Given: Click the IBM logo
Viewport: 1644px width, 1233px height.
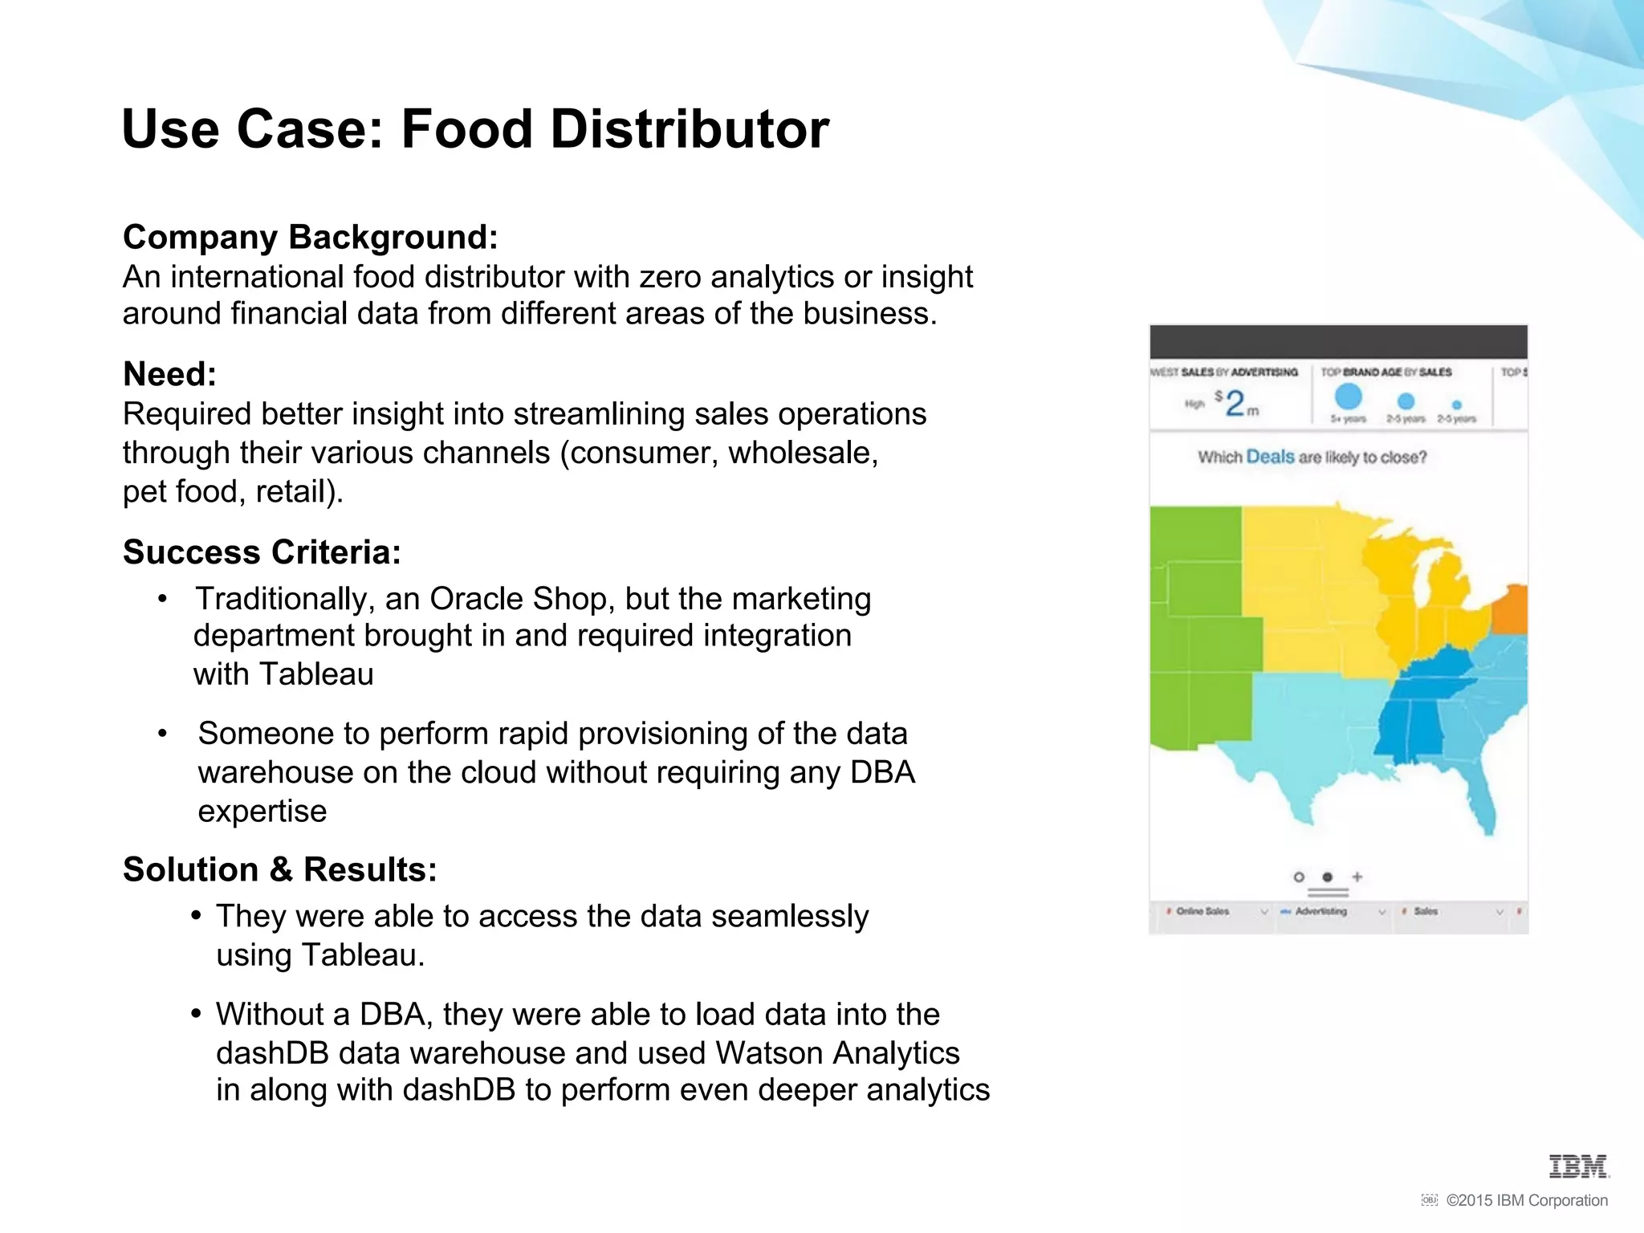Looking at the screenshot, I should coord(1578,1166).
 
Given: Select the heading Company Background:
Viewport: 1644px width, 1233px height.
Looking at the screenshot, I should coord(311,238).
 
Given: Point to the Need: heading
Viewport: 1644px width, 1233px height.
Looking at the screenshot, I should coord(169,374).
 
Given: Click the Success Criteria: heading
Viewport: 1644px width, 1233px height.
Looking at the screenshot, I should coord(262,552).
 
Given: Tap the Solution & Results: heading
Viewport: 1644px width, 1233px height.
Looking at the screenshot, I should coord(279,869).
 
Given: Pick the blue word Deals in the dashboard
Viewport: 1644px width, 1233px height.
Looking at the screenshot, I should coord(1270,457).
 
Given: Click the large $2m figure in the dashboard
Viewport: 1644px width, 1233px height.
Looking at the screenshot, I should coord(1236,403).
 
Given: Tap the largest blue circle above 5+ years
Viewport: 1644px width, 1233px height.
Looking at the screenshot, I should coord(1348,397).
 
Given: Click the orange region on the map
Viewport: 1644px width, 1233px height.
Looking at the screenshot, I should coord(1511,609).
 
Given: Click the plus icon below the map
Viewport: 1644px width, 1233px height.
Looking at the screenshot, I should coord(1357,877).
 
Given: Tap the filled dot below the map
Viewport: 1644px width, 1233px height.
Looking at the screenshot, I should coord(1328,877).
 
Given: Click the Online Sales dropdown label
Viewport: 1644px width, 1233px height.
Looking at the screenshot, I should coord(1202,912).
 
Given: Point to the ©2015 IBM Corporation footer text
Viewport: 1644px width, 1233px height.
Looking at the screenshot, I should coord(1526,1200).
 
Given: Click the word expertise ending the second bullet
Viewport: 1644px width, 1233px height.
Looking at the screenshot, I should coord(262,812).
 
